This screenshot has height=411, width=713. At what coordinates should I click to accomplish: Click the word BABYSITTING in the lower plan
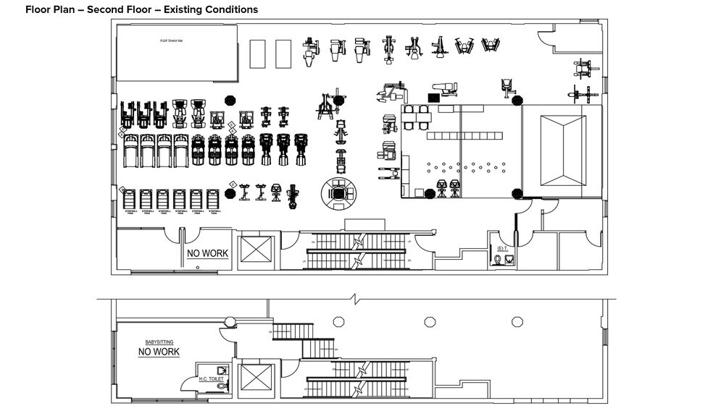[159, 342]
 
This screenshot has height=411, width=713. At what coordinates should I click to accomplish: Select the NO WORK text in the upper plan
[207, 253]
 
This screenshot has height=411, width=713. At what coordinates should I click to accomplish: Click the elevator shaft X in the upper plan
[256, 250]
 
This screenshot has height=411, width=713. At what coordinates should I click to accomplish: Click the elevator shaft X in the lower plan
[256, 378]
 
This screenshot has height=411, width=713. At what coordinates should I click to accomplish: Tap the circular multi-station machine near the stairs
[338, 193]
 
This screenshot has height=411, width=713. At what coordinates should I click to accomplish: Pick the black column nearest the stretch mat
[230, 101]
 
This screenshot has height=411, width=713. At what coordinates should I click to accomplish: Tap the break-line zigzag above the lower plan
[355, 298]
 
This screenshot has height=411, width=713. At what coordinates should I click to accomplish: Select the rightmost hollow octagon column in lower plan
[517, 321]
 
